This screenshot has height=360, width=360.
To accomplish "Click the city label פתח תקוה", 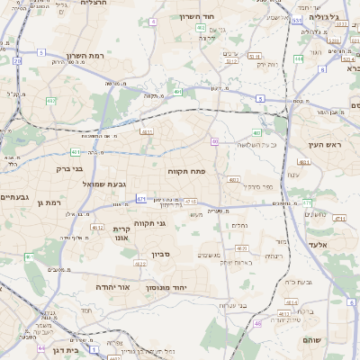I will point(186,169).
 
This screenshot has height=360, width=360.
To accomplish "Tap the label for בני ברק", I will point(64,167).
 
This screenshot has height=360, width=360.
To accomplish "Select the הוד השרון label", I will point(220,17).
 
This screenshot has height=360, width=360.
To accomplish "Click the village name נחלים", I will point(240,225).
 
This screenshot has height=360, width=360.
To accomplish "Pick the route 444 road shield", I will point(297,59).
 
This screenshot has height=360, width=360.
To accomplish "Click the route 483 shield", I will point(257,133).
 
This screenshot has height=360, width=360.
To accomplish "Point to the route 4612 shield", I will point(96,228).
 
